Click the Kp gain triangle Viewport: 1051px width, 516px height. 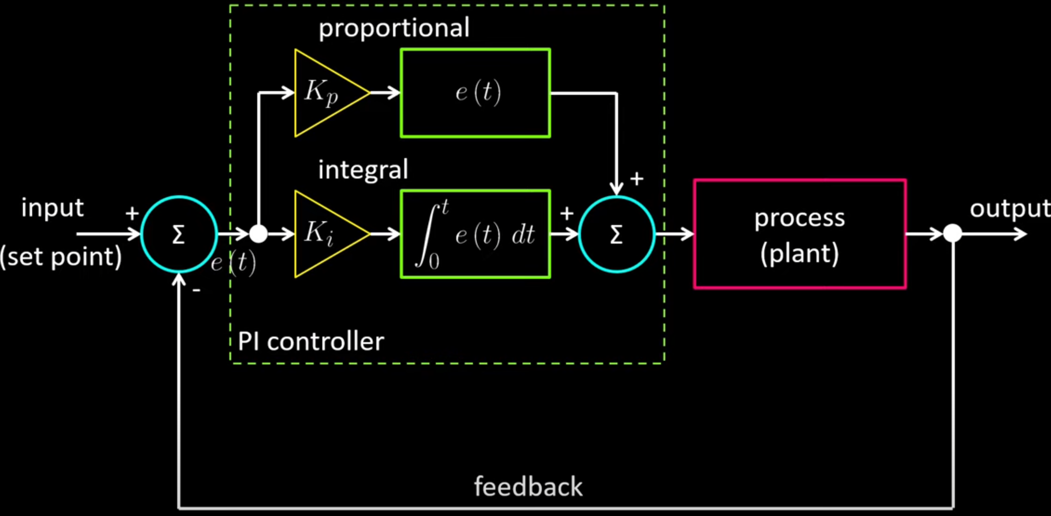click(324, 93)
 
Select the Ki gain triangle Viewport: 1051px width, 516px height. click(324, 234)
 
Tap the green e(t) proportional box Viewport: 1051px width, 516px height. click(476, 93)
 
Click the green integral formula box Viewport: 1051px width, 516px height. click(476, 234)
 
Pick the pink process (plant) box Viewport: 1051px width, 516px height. click(799, 234)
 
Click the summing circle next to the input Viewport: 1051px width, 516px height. click(179, 234)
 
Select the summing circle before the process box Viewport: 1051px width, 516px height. click(617, 234)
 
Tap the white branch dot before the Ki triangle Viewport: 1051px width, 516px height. click(258, 234)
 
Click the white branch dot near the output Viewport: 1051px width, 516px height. click(953, 234)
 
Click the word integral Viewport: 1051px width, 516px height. click(363, 170)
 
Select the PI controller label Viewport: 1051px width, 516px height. click(310, 341)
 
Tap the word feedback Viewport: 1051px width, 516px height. click(528, 486)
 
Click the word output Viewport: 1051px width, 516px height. click(1010, 209)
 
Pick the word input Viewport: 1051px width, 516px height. click(52, 208)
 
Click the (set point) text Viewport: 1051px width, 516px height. click(61, 257)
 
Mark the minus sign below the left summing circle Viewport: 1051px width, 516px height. click(196, 290)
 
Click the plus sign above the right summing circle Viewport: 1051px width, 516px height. click(636, 179)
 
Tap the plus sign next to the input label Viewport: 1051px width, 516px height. click(132, 213)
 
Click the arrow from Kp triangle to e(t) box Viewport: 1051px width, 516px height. click(385, 93)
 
